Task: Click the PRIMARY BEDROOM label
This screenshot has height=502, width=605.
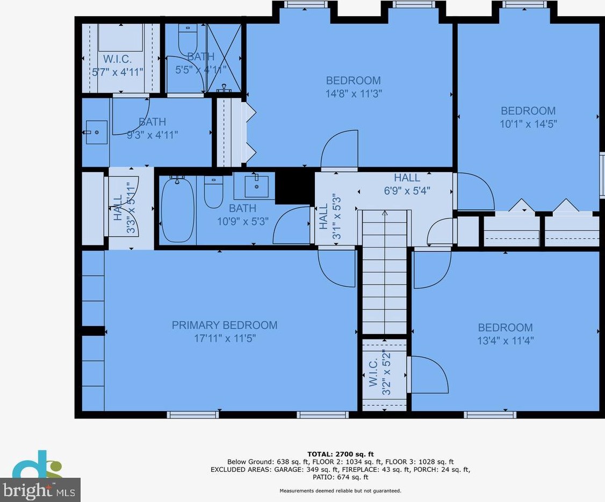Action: coord(225,325)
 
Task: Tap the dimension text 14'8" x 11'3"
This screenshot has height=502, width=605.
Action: coord(354,94)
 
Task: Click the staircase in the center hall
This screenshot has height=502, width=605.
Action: coord(384,272)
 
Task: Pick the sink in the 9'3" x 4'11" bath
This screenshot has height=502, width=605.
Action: coord(96,132)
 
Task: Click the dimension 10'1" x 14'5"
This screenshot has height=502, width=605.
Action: coord(528,124)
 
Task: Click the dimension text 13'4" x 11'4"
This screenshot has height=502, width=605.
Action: coord(506,341)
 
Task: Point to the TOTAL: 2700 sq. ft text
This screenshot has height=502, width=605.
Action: coord(340,454)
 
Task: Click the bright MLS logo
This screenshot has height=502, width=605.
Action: coord(40,490)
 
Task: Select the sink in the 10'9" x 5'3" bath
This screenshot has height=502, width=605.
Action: coord(256,186)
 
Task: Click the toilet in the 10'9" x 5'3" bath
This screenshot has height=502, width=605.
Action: coord(213,193)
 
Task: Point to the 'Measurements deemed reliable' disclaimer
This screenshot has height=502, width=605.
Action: coord(340,491)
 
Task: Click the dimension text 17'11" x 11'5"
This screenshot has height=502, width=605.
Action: coord(225,338)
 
